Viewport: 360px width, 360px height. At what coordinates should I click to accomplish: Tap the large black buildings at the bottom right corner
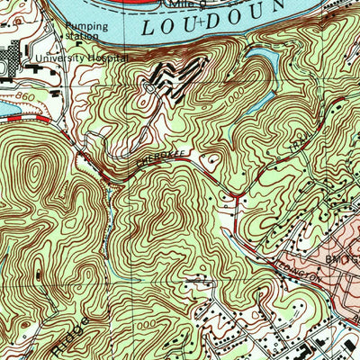click(x=333, y=346)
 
